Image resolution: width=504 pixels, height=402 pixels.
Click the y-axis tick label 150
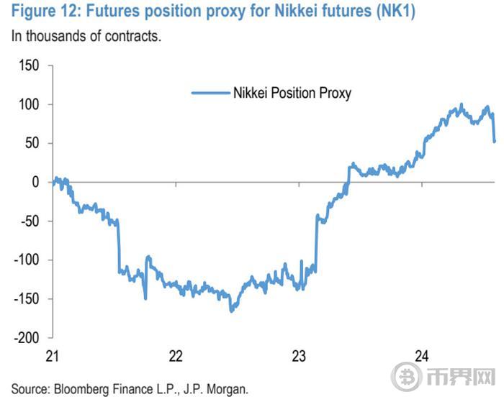pyautogui.click(x=30, y=66)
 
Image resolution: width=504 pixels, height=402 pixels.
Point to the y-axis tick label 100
pyautogui.click(x=30, y=105)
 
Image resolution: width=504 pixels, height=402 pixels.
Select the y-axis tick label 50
pyautogui.click(x=33, y=144)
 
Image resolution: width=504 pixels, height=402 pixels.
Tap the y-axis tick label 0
pyautogui.click(x=36, y=183)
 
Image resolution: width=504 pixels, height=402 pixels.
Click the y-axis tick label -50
pyautogui.click(x=30, y=221)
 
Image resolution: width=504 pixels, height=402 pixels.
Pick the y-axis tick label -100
pyautogui.click(x=27, y=260)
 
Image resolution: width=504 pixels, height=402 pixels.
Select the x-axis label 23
pyautogui.click(x=300, y=356)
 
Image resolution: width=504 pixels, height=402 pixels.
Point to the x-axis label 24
pyautogui.click(x=423, y=356)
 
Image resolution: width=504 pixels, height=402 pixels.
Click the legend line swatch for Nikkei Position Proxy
pyautogui.click(x=209, y=93)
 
